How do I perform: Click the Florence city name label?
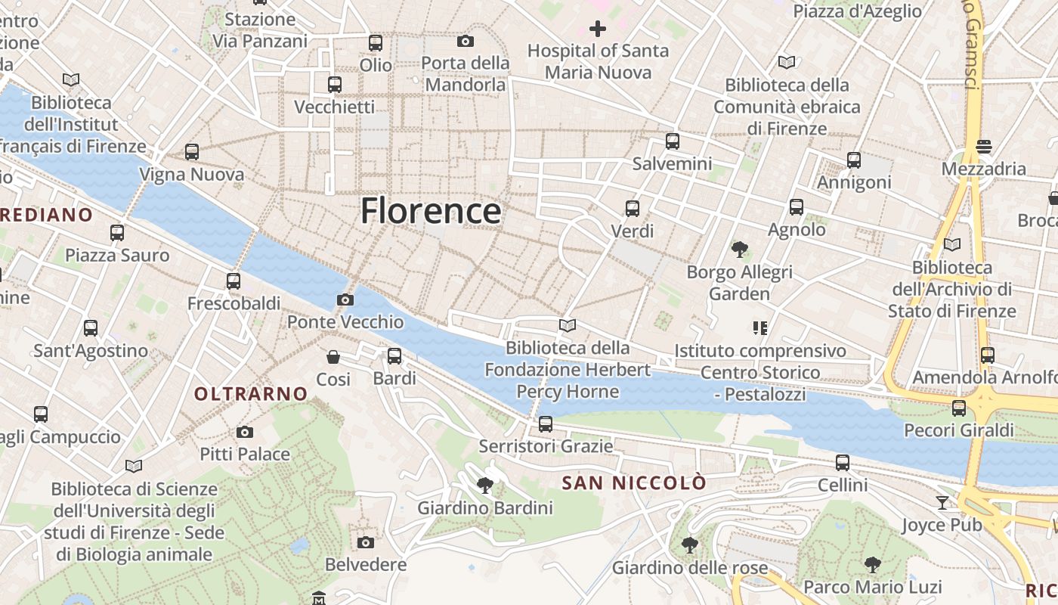431,210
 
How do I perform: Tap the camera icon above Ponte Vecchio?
345,300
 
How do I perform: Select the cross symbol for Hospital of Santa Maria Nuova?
598,29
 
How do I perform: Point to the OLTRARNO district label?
251,393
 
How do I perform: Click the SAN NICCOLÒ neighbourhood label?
635,482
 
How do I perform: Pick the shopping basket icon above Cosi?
333,356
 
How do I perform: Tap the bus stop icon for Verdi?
633,208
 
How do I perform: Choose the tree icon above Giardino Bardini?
485,485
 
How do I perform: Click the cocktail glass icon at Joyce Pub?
942,502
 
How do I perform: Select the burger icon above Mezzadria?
983,145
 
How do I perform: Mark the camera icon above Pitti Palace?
245,432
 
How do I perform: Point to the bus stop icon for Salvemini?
673,141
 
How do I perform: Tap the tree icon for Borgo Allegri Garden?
740,249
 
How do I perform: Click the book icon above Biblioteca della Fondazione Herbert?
568,325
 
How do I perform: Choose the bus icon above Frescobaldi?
234,281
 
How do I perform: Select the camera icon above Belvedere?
366,542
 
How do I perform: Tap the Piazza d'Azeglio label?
858,11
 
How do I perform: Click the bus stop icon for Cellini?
843,462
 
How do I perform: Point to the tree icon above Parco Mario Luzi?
873,564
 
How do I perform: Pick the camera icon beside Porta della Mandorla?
466,41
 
